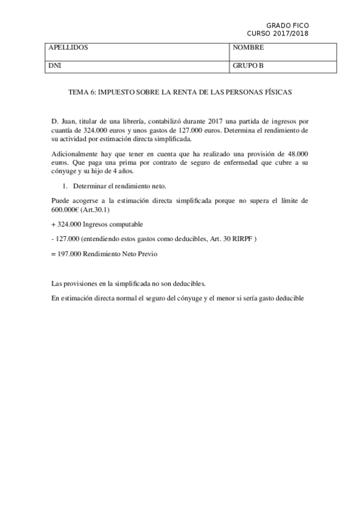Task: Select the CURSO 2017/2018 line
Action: (x=278, y=34)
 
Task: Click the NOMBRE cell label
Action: (x=248, y=48)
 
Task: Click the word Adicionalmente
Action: (x=76, y=153)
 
